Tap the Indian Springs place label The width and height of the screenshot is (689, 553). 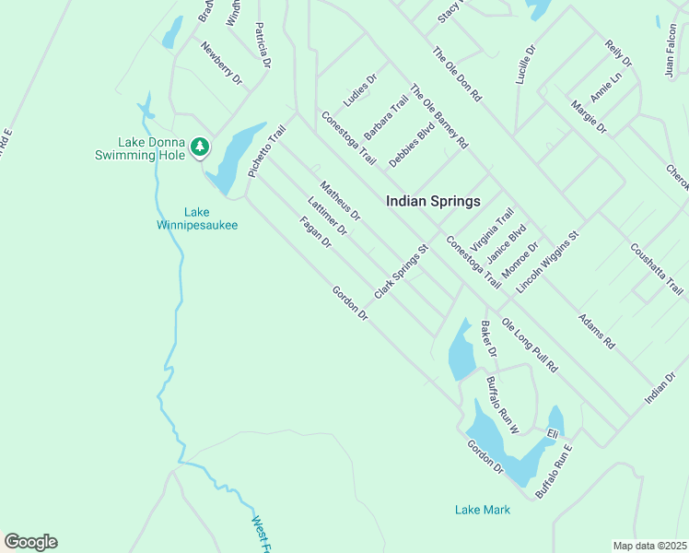(433, 200)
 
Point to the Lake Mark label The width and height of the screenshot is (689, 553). (482, 509)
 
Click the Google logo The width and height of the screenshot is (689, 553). (30, 542)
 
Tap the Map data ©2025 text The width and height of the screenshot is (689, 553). (649, 546)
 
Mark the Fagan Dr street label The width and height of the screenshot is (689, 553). (315, 232)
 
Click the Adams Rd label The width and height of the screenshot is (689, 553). (596, 330)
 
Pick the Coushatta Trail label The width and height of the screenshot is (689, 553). (657, 268)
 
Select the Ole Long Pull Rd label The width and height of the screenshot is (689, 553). (530, 345)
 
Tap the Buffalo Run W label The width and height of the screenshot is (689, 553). (503, 405)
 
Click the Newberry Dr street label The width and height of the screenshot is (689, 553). (220, 64)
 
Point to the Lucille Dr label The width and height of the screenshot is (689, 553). (525, 66)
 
